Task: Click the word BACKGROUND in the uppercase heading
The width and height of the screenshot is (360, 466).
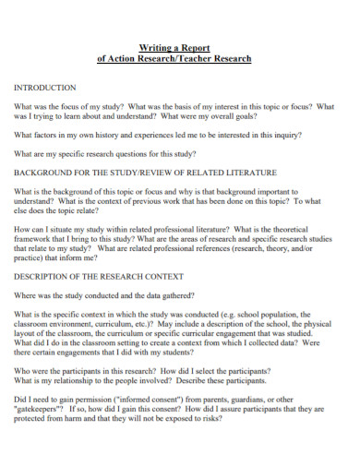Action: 48,173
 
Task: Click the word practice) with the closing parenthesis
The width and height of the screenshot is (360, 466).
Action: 32,259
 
